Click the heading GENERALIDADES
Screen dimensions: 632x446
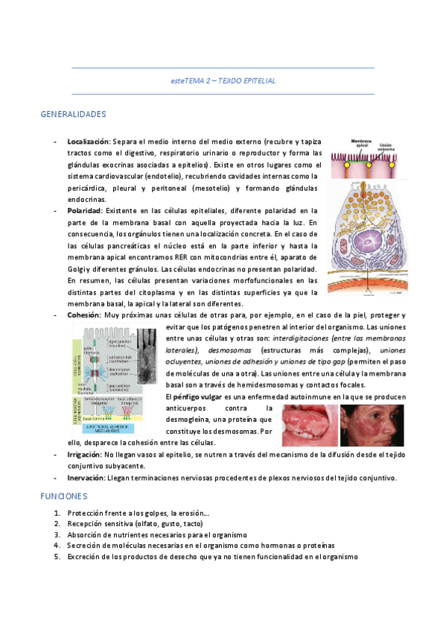pos(73,114)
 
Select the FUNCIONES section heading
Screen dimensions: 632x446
pos(64,495)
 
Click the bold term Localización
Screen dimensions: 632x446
pos(88,141)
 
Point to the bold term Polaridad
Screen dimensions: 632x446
pos(84,211)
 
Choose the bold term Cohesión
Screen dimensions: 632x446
pos(83,315)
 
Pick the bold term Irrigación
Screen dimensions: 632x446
pos(84,454)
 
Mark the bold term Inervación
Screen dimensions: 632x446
pos(86,478)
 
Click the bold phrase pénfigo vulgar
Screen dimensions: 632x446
pos(197,396)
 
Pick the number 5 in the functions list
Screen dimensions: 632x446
pos(57,556)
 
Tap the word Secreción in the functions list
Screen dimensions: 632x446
pos(84,546)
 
